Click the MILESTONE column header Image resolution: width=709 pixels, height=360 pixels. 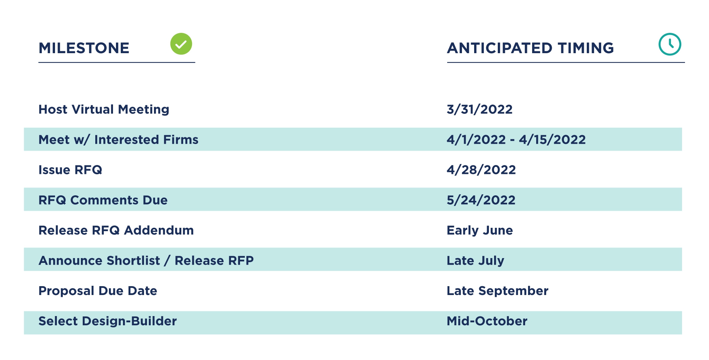tap(84, 48)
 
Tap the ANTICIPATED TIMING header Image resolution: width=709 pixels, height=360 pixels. tap(530, 48)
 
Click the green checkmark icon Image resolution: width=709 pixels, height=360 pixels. tap(181, 44)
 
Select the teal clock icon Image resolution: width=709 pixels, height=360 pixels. tap(670, 44)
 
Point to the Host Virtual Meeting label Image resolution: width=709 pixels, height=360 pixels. tap(104, 109)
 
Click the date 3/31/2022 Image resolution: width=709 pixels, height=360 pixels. tap(480, 109)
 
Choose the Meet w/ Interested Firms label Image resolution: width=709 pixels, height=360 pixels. tap(119, 140)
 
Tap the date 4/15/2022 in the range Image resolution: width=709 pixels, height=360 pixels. tap(552, 140)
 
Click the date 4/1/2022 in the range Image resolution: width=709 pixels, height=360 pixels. tap(476, 140)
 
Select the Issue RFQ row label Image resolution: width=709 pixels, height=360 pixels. tap(70, 170)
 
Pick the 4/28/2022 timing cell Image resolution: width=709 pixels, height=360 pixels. tap(481, 170)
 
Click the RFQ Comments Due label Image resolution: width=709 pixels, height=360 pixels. tap(103, 200)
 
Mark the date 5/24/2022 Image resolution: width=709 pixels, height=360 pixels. tap(481, 200)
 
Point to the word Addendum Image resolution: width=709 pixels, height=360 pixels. tap(159, 230)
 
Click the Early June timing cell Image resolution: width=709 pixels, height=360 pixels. tap(480, 231)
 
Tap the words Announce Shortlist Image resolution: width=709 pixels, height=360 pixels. tap(99, 261)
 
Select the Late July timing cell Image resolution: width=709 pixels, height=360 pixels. tap(475, 261)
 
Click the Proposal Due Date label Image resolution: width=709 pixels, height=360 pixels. tap(98, 291)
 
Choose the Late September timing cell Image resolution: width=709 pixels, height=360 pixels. tap(497, 291)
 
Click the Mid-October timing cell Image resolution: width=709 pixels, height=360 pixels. tap(487, 321)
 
